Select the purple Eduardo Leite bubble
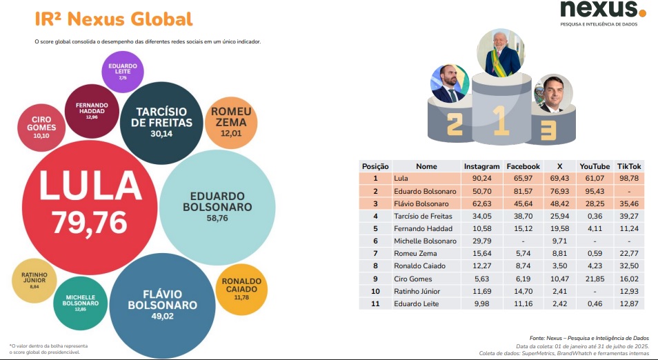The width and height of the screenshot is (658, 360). (122, 72)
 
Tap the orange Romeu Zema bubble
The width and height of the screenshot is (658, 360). (231, 122)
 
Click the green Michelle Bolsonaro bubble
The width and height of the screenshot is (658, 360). (80, 303)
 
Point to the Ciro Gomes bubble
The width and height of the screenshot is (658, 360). (41, 124)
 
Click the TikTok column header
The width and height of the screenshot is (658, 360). (628, 167)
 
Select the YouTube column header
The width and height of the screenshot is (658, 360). (594, 167)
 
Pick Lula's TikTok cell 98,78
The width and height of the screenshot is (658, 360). (628, 179)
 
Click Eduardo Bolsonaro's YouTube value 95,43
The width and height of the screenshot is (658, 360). (594, 191)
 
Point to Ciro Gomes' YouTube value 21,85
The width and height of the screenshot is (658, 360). (594, 278)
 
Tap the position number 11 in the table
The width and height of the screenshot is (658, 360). (376, 303)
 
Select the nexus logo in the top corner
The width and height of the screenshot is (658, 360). (602, 10)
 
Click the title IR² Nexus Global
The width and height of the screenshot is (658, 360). (114, 19)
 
